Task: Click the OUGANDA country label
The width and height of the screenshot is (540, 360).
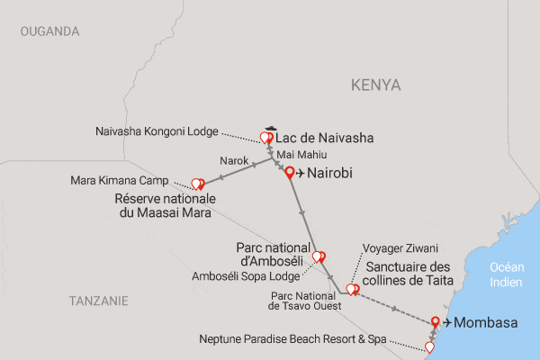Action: point(49,31)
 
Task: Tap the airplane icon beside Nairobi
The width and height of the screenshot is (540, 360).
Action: point(301,174)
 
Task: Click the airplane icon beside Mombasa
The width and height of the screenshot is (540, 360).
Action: point(446,322)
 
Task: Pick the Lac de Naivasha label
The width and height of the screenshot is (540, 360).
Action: point(324,139)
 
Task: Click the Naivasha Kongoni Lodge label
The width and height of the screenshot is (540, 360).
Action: point(157,130)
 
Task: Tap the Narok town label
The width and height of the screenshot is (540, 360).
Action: point(233,162)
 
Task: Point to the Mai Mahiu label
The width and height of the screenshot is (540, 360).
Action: point(304,156)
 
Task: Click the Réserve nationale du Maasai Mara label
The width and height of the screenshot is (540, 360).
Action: point(162,205)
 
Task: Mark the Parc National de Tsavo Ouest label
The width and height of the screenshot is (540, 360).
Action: point(304,300)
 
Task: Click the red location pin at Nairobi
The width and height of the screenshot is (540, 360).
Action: point(289,174)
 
